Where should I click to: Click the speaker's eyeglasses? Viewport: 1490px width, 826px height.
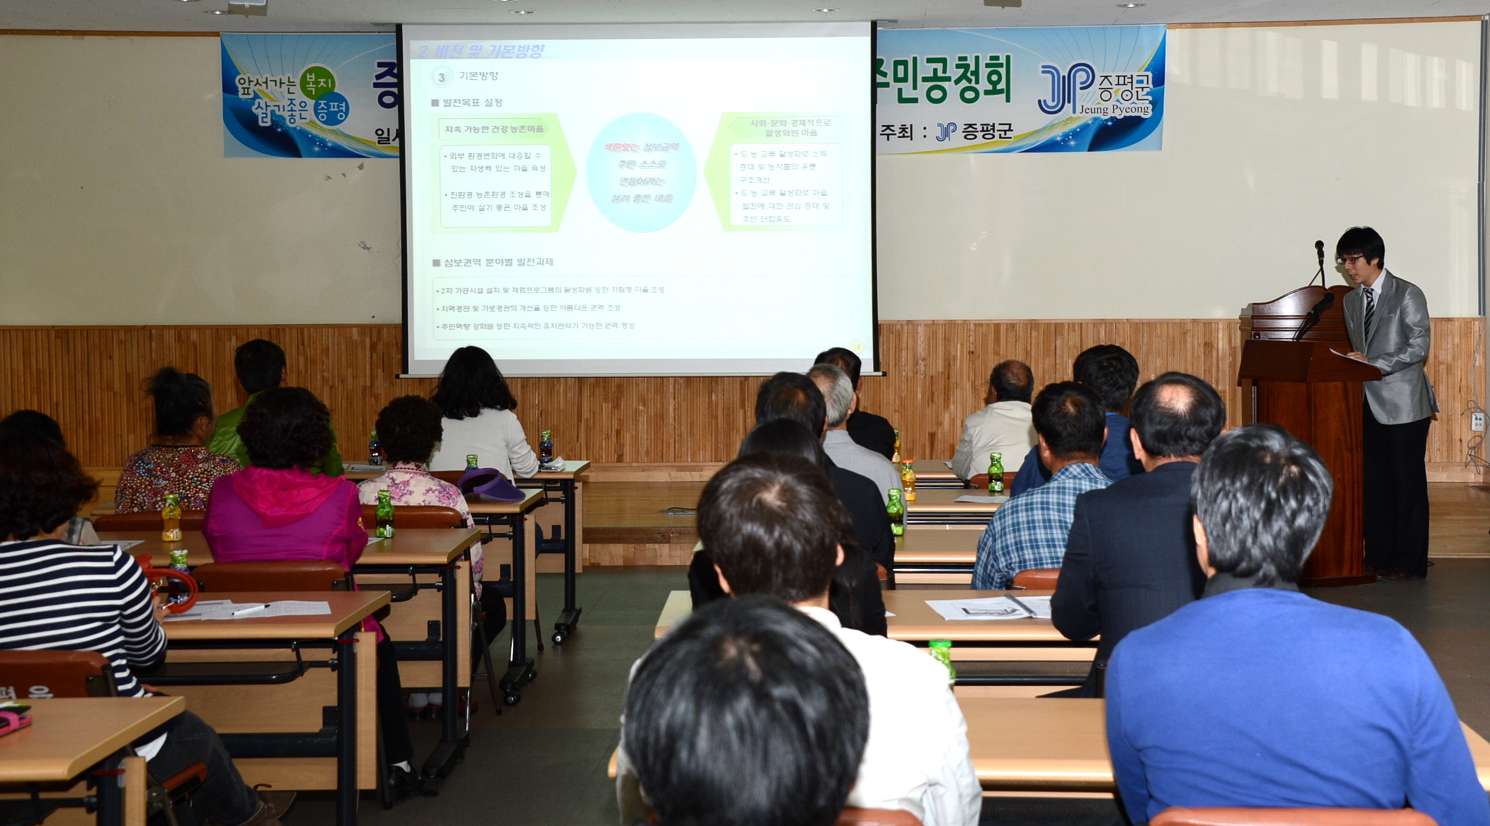(1350, 260)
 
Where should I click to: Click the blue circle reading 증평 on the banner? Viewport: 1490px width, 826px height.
(331, 110)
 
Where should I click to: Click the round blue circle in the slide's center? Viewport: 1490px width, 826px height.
(641, 172)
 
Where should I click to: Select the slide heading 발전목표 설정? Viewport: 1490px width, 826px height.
(472, 103)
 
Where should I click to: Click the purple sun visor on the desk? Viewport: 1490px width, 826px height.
(491, 485)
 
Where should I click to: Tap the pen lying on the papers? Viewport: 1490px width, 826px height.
(250, 610)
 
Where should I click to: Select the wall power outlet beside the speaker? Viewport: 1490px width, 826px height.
(1477, 422)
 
